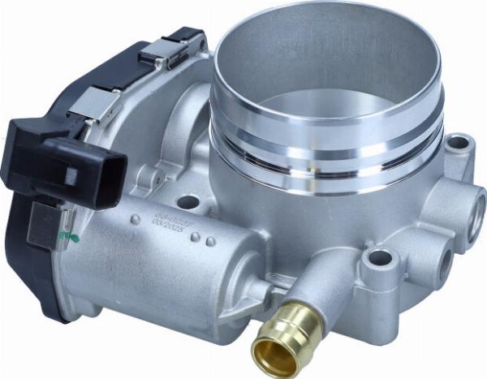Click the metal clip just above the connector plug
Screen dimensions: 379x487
(96, 106)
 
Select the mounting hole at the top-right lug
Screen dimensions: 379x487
(459, 144)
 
